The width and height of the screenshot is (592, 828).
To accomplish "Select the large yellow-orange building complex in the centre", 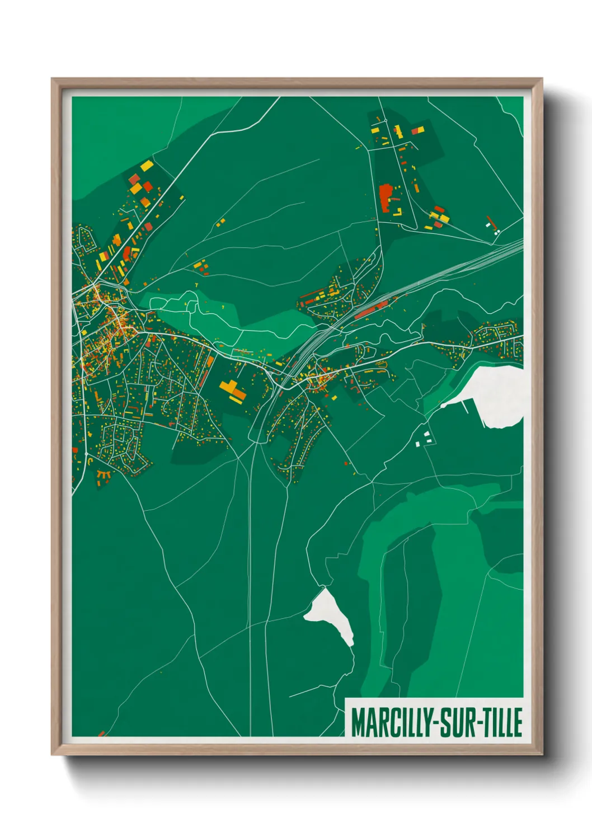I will [233, 389].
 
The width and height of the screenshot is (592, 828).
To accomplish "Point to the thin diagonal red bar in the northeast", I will [491, 221].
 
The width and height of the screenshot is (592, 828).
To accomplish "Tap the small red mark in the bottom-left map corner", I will [101, 733].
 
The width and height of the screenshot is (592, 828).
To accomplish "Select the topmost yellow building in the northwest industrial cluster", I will [147, 166].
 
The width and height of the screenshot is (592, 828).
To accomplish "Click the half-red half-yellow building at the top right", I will [418, 131].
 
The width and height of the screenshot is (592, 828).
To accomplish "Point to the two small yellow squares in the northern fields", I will [220, 223].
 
